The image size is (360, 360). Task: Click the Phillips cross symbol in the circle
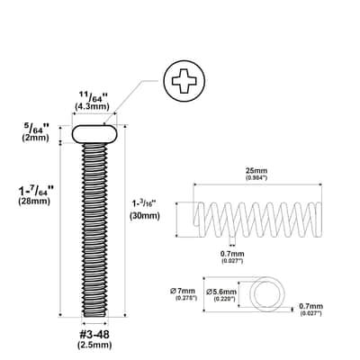[x=184, y=81]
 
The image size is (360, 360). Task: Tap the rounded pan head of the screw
[x=94, y=134]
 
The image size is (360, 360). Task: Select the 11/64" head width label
[x=93, y=97]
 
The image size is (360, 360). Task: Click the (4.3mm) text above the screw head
[x=92, y=106]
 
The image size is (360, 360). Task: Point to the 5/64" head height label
[x=37, y=129]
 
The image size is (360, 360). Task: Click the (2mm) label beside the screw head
[x=35, y=138]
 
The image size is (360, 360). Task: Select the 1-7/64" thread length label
[x=36, y=191]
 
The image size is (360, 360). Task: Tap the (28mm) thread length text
[x=34, y=201]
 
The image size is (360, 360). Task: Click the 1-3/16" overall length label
[x=143, y=204]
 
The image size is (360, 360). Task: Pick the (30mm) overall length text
[x=145, y=215]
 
